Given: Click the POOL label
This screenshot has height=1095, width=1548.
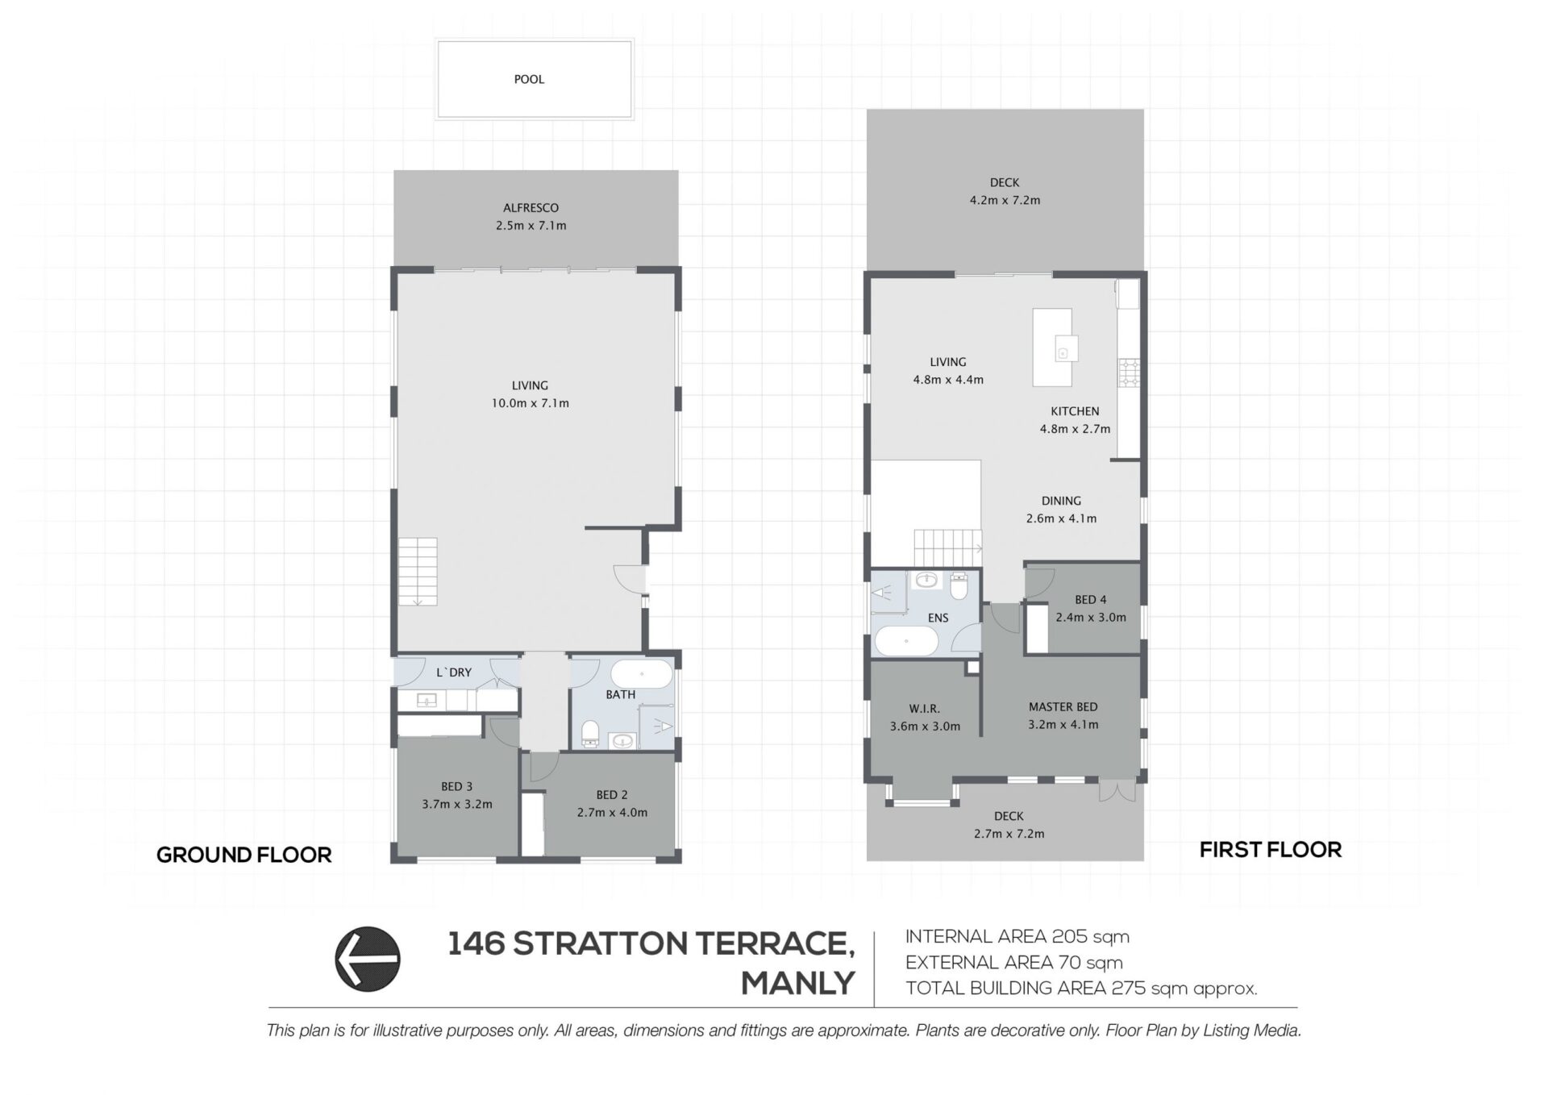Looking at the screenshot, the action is tap(529, 79).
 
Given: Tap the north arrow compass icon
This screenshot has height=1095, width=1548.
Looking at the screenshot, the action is tap(368, 958).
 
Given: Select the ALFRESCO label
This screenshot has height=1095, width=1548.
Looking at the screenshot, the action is tap(531, 208).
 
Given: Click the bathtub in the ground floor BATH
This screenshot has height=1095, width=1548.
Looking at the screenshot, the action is tap(641, 674).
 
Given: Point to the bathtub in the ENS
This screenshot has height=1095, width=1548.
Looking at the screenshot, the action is tap(907, 643).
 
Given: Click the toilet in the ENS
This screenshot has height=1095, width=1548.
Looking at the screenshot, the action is tap(959, 586).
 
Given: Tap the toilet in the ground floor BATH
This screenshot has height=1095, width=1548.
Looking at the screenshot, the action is tap(590, 732).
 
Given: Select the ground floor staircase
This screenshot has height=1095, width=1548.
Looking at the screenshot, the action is tap(418, 571).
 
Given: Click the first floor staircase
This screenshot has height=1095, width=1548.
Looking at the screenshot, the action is tap(947, 548).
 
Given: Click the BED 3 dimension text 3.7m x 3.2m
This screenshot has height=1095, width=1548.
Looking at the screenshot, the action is tap(457, 804).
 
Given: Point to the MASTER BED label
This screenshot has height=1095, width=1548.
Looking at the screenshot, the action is tap(1063, 707).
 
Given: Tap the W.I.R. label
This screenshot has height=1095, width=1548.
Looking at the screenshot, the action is tap(925, 709).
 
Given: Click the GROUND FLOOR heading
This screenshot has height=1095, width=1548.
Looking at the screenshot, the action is tap(244, 856).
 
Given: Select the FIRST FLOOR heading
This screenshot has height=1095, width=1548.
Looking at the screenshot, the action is tap(1271, 850).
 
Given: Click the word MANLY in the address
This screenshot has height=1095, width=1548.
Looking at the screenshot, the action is tap(797, 984).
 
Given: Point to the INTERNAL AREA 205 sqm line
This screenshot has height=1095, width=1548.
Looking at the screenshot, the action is tap(1017, 937).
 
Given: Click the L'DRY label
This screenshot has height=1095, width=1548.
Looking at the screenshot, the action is tap(454, 672).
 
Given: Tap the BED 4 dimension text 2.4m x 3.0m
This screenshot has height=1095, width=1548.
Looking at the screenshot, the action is tap(1091, 618).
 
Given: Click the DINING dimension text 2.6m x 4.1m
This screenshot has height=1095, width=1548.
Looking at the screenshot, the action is tap(1061, 518).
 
